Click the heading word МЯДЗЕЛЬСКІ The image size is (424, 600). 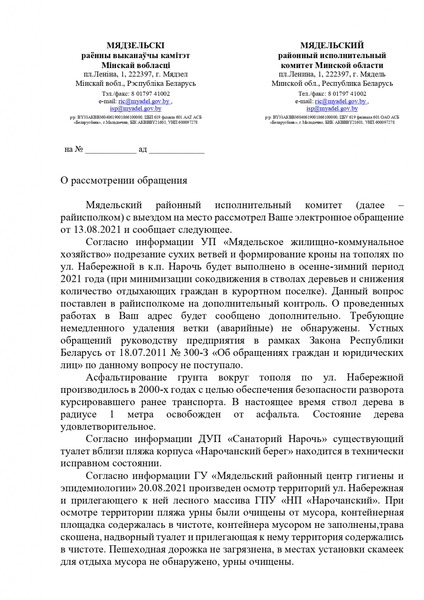135,45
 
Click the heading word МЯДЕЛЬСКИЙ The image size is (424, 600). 332,45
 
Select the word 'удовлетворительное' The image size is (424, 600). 107,427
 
